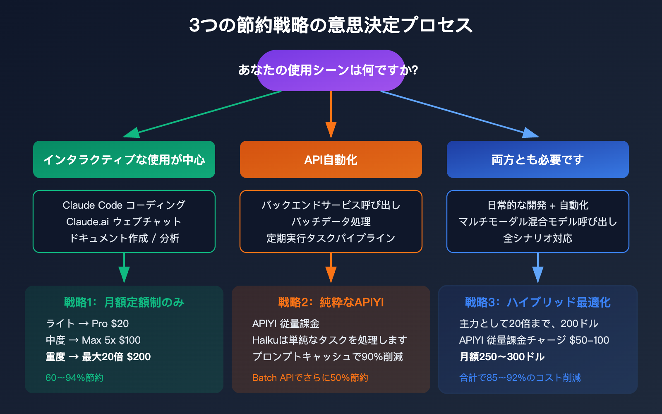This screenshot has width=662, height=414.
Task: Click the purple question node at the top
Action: point(331,70)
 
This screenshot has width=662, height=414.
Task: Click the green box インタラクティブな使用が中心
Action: point(124,159)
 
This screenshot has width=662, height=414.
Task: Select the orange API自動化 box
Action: point(331,159)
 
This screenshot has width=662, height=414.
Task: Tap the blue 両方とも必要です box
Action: point(538,159)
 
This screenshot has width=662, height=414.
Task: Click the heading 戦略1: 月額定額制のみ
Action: point(124,302)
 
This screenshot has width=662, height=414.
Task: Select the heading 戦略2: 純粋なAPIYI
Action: point(331,302)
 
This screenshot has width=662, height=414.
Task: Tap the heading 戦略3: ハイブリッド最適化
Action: point(537,302)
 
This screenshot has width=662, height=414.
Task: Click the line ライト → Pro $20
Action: point(87,323)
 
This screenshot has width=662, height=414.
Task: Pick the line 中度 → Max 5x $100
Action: point(93,340)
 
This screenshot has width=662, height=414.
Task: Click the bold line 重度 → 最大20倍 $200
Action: point(98,356)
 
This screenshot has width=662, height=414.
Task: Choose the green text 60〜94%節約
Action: point(74,378)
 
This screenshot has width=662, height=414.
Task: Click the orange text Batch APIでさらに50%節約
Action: point(310,378)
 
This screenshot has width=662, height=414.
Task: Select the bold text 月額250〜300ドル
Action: point(502,356)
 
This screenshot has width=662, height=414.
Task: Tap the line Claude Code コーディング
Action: point(124,205)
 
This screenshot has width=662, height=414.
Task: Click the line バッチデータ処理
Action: point(331,221)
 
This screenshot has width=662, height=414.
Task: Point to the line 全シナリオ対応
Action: point(538,238)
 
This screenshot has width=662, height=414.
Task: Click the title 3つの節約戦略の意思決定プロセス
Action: point(331,25)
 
